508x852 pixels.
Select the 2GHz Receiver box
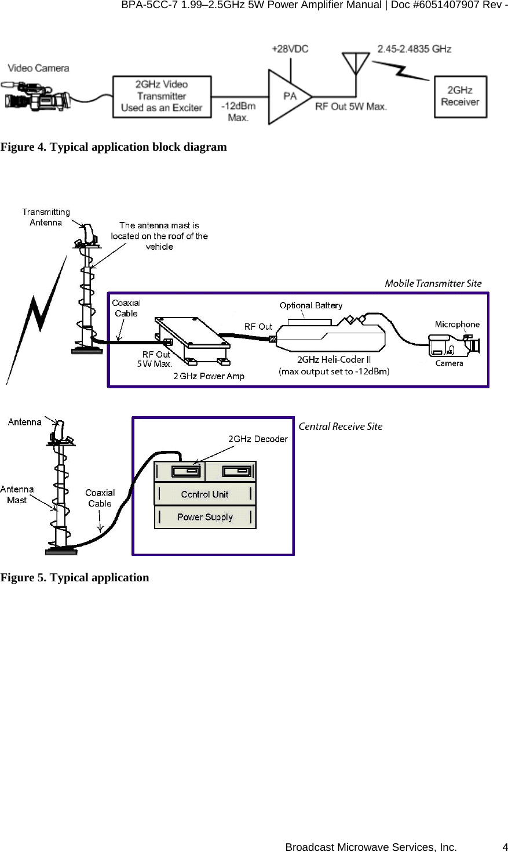click(460, 96)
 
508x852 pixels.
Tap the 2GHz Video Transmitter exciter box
click(161, 96)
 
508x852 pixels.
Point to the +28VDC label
click(290, 49)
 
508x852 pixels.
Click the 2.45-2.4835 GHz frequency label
click(414, 49)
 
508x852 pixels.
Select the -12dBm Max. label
click(238, 112)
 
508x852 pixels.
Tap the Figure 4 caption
click(114, 147)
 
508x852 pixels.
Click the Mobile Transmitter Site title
click(433, 283)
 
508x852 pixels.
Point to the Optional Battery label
click(310, 305)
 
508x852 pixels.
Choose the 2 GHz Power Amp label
click(209, 376)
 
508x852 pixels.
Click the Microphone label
click(457, 325)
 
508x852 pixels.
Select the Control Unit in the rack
click(204, 494)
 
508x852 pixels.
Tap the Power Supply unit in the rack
click(204, 517)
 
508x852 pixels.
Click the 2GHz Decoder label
click(258, 439)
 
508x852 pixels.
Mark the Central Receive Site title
click(341, 427)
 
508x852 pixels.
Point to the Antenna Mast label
click(17, 494)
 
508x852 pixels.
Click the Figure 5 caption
click(75, 577)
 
